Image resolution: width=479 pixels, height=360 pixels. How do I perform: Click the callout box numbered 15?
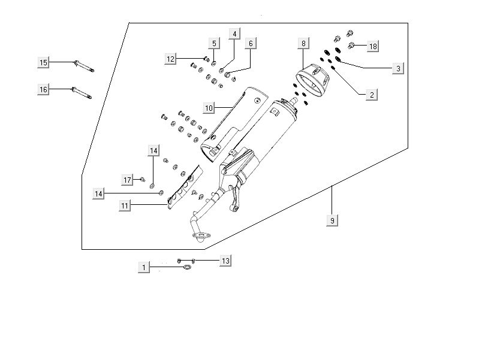click(x=43, y=62)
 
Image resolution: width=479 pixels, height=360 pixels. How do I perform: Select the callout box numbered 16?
click(x=43, y=89)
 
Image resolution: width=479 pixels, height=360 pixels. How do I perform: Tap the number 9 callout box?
click(x=332, y=221)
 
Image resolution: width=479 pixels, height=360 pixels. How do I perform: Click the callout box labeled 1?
click(x=143, y=267)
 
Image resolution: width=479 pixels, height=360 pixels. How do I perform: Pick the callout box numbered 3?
click(x=397, y=69)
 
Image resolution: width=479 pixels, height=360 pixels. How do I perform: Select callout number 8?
click(x=303, y=43)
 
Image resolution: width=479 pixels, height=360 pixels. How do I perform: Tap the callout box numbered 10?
click(x=209, y=108)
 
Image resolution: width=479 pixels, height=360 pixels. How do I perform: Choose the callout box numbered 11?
click(x=125, y=205)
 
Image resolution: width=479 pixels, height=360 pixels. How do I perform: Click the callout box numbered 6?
click(x=251, y=43)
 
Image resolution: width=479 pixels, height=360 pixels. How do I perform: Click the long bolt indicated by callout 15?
click(x=84, y=65)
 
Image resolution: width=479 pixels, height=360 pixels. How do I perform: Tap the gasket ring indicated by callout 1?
click(x=187, y=267)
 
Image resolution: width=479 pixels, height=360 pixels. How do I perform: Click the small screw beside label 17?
click(x=143, y=179)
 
